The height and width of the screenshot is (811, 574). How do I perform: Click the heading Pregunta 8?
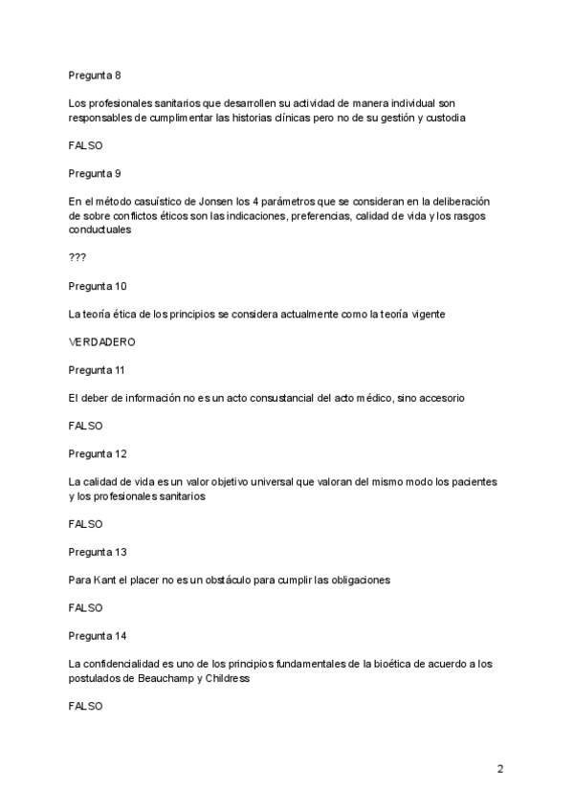pyautogui.click(x=94, y=75)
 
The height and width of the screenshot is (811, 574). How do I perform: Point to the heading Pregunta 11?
pyautogui.click(x=97, y=370)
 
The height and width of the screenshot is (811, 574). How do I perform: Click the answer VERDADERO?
pyautogui.click(x=101, y=341)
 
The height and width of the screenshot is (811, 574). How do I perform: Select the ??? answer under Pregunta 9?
pyautogui.click(x=77, y=258)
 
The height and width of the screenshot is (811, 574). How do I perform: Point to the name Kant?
pyautogui.click(x=105, y=581)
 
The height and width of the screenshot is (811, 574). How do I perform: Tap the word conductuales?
pyautogui.click(x=99, y=230)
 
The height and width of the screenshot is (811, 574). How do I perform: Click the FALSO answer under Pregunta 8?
pyautogui.click(x=85, y=145)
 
